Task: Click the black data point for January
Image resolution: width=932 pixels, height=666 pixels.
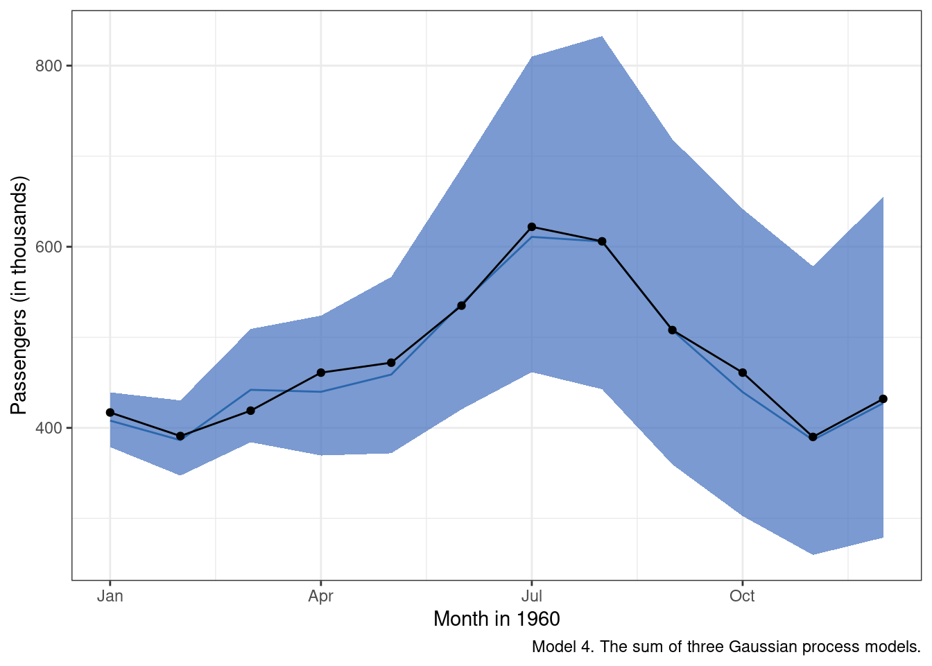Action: click(110, 413)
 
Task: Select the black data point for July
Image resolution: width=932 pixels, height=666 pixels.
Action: click(532, 227)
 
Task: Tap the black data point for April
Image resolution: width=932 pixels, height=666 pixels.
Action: click(320, 373)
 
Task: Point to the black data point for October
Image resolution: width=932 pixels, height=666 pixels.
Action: click(743, 373)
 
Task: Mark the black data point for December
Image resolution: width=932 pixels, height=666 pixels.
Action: click(883, 399)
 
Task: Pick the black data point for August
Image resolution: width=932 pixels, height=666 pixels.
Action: click(602, 241)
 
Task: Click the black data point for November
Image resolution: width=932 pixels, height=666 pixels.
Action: click(813, 437)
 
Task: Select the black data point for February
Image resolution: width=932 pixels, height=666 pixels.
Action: click(180, 436)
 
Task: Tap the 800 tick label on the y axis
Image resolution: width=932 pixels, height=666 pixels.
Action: click(49, 66)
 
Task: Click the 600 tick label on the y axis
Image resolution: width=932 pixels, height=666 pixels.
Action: click(49, 247)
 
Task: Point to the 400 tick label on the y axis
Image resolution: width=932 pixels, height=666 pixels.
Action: click(49, 428)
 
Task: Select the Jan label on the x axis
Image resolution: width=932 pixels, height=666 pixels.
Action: click(110, 596)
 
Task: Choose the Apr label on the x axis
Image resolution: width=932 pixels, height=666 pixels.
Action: click(320, 596)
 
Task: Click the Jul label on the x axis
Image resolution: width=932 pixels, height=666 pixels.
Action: click(532, 596)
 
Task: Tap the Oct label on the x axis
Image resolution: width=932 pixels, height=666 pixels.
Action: click(742, 596)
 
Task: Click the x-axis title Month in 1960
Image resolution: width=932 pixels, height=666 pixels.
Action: click(497, 619)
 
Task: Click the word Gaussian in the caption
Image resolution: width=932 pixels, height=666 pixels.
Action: click(760, 647)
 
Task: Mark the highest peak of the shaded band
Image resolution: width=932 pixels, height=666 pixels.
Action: click(601, 37)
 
